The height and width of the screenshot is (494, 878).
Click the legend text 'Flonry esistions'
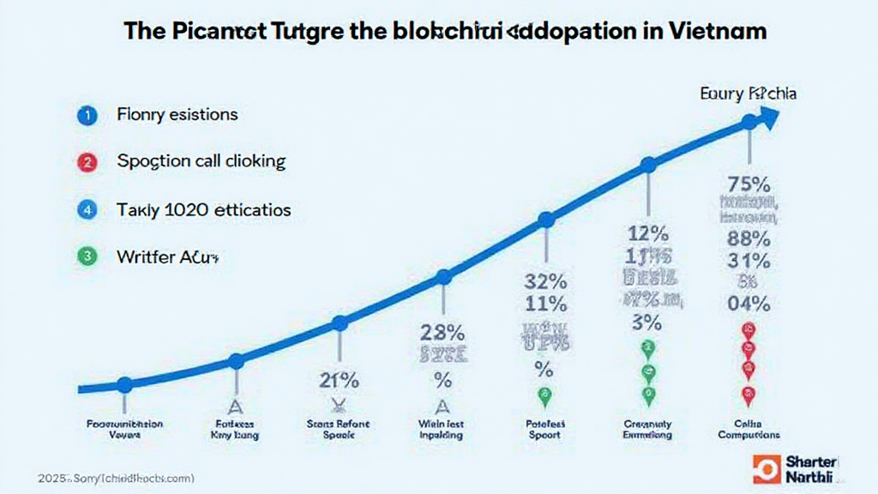(177, 114)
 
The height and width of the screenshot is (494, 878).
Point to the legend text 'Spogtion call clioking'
(201, 161)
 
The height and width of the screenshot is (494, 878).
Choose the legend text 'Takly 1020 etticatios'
(203, 209)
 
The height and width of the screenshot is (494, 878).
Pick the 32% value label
(544, 280)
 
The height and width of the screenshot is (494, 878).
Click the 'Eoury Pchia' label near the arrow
(748, 93)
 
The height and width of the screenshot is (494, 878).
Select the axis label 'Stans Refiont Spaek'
(338, 429)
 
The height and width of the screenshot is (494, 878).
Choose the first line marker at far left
(124, 385)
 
